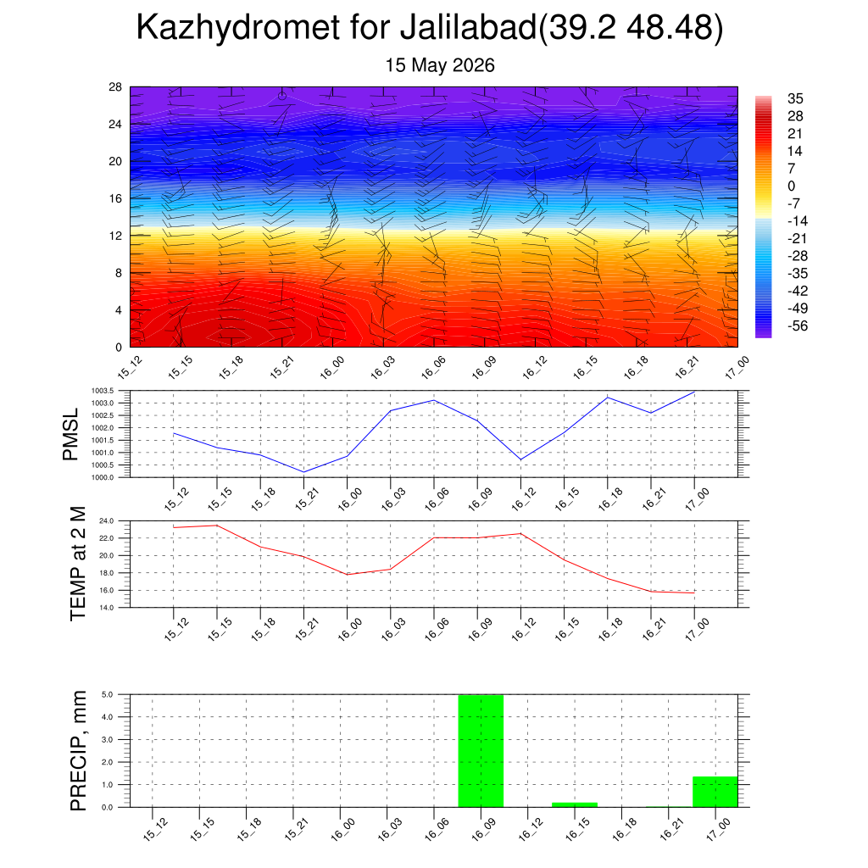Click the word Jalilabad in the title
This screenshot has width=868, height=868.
click(x=468, y=27)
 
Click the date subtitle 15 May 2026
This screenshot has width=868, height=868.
click(x=440, y=65)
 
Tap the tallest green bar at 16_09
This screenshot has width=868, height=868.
click(x=481, y=751)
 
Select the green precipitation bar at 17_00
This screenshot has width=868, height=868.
click(x=715, y=792)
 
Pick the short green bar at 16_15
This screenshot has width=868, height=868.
click(x=575, y=805)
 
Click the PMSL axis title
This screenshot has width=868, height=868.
click(x=71, y=435)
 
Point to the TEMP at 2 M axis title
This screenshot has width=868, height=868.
click(x=78, y=564)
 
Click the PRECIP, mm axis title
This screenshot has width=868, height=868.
click(x=78, y=751)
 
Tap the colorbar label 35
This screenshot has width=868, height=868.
click(x=795, y=98)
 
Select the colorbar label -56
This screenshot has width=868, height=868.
click(x=798, y=325)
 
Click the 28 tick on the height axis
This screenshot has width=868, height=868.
click(x=115, y=87)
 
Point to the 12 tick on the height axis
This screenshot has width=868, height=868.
click(x=115, y=236)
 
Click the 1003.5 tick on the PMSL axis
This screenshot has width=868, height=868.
click(x=103, y=391)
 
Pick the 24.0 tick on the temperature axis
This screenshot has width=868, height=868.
click(x=107, y=521)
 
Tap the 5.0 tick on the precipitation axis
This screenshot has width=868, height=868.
click(x=108, y=695)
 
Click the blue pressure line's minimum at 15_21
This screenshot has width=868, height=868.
click(x=304, y=472)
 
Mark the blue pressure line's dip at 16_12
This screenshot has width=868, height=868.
click(x=520, y=459)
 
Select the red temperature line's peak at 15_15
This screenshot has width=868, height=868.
click(x=217, y=526)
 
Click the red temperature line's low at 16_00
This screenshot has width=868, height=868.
click(x=347, y=575)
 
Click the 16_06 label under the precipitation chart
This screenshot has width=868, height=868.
click(x=437, y=829)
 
